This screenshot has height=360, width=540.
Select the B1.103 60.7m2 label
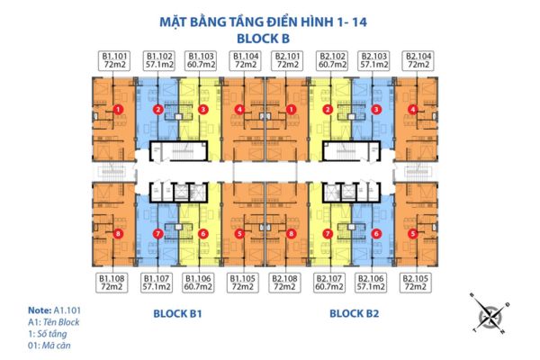[200, 60]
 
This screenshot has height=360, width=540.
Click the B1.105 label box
[243, 284]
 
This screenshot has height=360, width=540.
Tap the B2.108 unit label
[287, 284]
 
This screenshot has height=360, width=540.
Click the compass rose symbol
[490, 317]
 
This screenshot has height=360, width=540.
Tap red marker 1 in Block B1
[119, 110]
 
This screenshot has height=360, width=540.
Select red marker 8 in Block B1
[119, 234]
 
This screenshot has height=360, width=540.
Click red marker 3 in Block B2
[375, 110]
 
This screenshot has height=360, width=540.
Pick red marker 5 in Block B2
[412, 234]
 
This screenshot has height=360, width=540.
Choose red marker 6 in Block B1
[203, 234]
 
